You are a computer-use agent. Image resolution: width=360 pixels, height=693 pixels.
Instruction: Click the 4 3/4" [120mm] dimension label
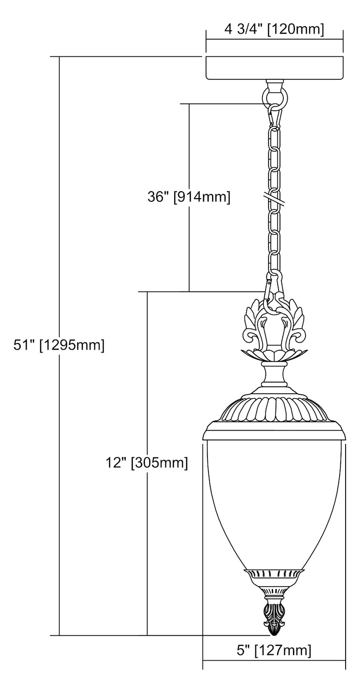coord(274,30)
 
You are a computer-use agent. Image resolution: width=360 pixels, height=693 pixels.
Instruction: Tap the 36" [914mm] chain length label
coord(189,197)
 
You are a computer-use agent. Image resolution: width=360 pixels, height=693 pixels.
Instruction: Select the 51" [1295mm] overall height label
coord(59,345)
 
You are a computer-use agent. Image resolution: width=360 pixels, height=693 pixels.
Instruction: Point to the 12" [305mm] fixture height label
coord(146,463)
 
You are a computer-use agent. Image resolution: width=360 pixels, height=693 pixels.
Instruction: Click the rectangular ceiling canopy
coord(274,68)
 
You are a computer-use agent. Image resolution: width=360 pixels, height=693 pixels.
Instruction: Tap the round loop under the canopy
coord(275,98)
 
